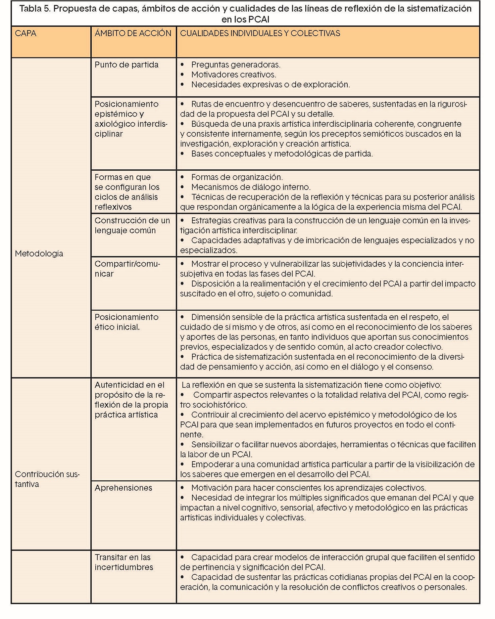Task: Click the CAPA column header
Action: [25, 33]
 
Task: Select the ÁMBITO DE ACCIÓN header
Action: [133, 33]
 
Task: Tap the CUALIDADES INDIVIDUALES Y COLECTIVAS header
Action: [260, 33]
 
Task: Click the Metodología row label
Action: [39, 254]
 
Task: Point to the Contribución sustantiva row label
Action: [47, 479]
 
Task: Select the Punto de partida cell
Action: [126, 65]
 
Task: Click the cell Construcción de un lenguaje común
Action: [132, 225]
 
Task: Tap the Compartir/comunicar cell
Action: [127, 269]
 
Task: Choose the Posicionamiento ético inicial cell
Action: [126, 322]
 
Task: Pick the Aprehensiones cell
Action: [123, 488]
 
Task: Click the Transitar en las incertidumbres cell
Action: [124, 562]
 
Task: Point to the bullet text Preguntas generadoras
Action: [235, 65]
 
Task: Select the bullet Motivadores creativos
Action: [233, 75]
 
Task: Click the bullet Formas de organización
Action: [237, 177]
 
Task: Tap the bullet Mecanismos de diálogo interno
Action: [251, 187]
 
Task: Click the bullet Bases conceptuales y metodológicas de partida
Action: [282, 154]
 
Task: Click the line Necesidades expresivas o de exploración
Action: [270, 85]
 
